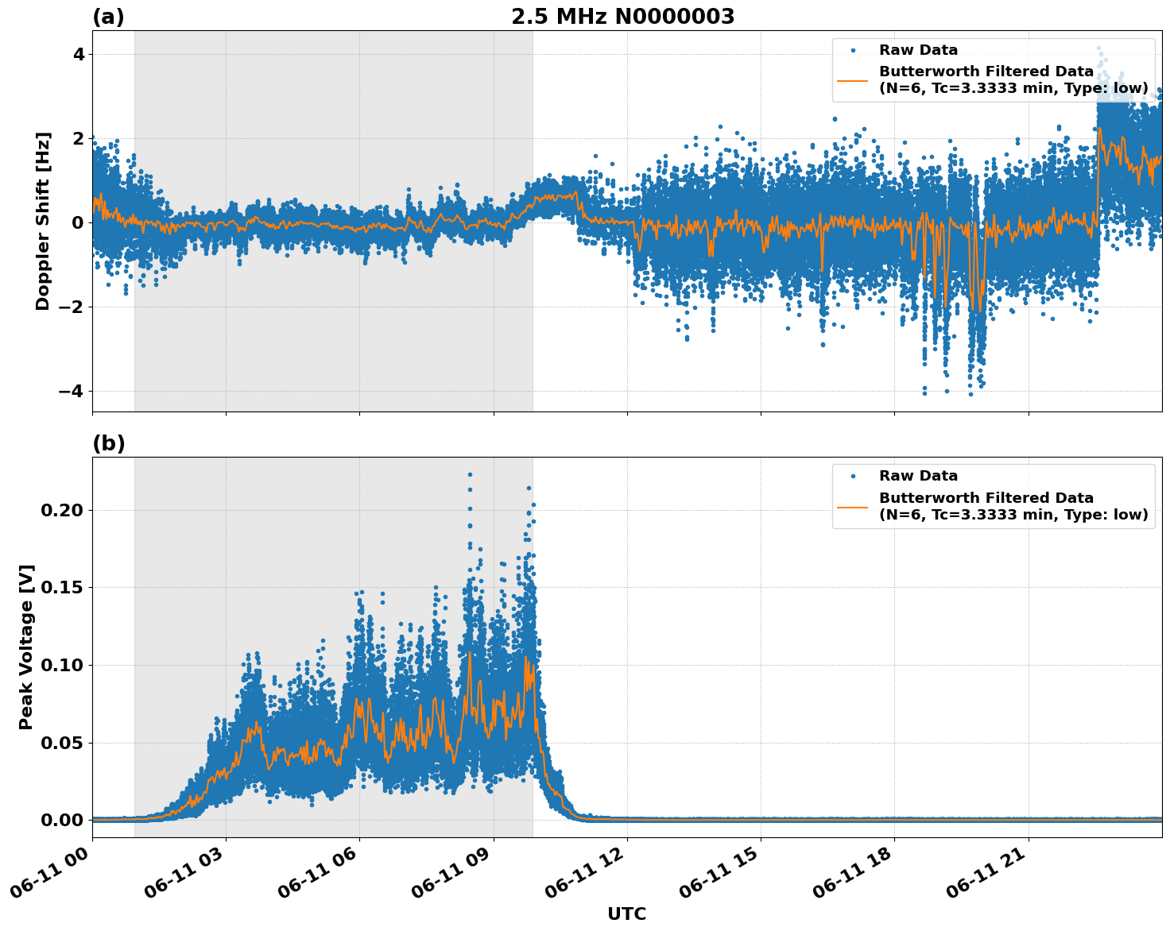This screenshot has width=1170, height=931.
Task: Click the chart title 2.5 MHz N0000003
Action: tap(622, 17)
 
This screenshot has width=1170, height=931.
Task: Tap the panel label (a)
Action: tap(108, 17)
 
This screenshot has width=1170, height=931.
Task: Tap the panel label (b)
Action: tap(108, 443)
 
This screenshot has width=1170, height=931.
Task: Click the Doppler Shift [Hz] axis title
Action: tap(43, 221)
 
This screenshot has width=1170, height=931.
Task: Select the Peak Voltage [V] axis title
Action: tap(26, 647)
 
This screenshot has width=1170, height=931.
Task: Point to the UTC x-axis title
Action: tap(626, 914)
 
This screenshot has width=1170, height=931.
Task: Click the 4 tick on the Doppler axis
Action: tap(78, 55)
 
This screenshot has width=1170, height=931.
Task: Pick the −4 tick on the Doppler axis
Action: tap(72, 391)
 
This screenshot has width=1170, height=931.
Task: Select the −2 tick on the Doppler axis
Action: tap(72, 307)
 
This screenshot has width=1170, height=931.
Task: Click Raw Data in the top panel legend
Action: tap(918, 50)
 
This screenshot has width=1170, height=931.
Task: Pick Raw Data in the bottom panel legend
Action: tap(918, 476)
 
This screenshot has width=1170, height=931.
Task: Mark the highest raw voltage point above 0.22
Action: tap(470, 475)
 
